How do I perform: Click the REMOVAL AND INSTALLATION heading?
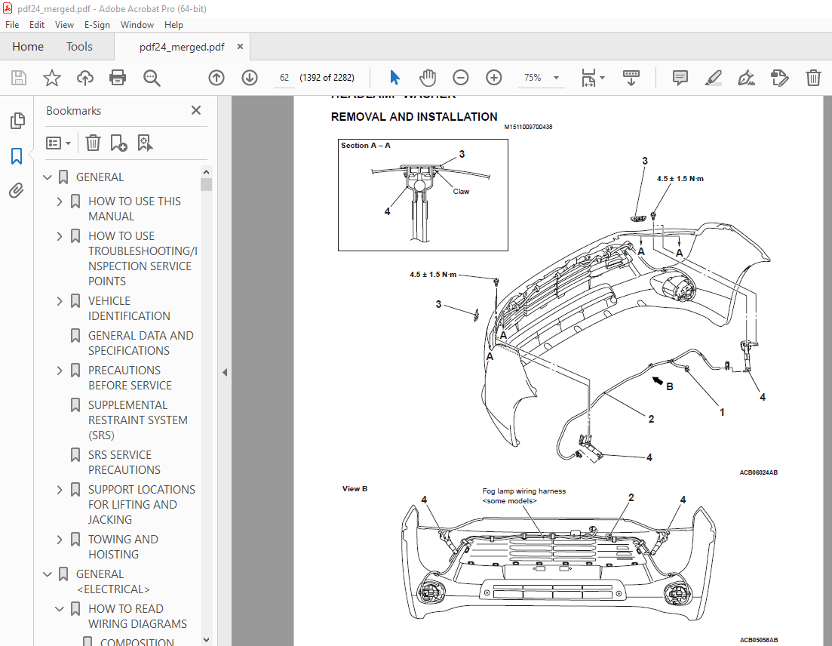(414, 117)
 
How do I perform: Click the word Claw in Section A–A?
(461, 192)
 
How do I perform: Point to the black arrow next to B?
(659, 380)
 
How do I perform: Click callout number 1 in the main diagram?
(722, 412)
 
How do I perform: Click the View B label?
(355, 489)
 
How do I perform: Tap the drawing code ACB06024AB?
(758, 472)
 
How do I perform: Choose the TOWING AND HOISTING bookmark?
(123, 546)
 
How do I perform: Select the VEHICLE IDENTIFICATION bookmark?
(129, 308)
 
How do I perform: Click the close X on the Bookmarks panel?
(196, 110)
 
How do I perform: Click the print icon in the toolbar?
(118, 78)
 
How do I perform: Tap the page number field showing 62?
(284, 78)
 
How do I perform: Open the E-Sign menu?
(97, 25)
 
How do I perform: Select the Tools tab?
(79, 47)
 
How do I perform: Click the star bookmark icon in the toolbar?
(51, 78)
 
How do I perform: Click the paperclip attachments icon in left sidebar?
(17, 190)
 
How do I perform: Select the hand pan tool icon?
(428, 78)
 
